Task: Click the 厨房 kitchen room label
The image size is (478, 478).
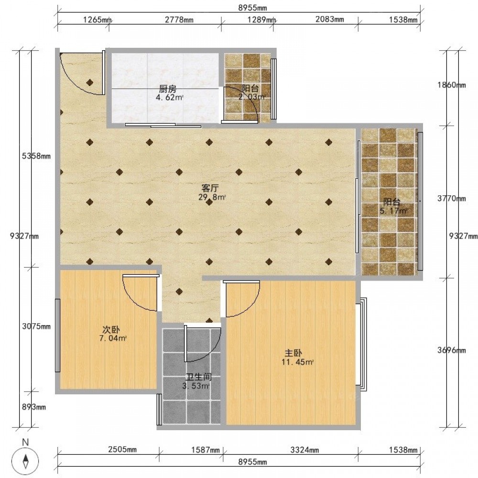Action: point(168,89)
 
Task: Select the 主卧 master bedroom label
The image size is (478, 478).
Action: point(293,353)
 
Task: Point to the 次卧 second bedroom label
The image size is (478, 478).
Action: point(111,329)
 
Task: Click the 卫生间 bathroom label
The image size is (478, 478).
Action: point(199,378)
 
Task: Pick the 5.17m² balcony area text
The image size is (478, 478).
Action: point(393,210)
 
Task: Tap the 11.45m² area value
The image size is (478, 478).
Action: point(298,362)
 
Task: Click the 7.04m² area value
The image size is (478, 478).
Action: point(113,338)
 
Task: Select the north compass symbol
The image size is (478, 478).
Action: point(26,459)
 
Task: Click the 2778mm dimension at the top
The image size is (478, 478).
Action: point(179,20)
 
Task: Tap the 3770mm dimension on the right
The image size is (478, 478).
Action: point(452,198)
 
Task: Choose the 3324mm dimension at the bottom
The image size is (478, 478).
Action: point(304,450)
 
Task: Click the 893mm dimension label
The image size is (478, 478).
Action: point(34,407)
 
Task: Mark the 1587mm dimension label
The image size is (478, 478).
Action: point(205,450)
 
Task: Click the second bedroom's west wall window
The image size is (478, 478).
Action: point(57,336)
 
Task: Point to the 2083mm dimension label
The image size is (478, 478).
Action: point(329,19)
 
